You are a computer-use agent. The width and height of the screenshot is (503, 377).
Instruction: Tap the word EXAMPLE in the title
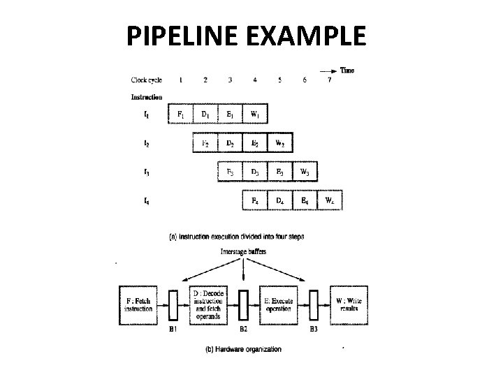click(307, 34)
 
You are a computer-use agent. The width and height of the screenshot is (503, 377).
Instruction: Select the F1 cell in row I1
click(180, 113)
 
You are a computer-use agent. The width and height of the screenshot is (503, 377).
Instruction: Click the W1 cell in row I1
click(255, 113)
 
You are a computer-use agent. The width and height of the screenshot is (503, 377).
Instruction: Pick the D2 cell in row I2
click(230, 143)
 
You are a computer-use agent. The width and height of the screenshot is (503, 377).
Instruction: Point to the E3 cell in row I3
click(279, 172)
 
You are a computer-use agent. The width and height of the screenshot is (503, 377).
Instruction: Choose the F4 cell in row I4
click(254, 201)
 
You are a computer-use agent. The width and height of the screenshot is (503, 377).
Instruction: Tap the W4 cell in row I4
click(330, 201)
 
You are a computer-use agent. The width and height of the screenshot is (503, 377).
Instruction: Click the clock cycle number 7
click(330, 80)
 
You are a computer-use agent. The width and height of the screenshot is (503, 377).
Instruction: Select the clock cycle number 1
click(180, 80)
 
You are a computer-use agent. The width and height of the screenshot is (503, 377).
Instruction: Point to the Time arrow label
click(347, 70)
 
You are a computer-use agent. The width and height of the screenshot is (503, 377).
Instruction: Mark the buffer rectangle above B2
click(244, 304)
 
